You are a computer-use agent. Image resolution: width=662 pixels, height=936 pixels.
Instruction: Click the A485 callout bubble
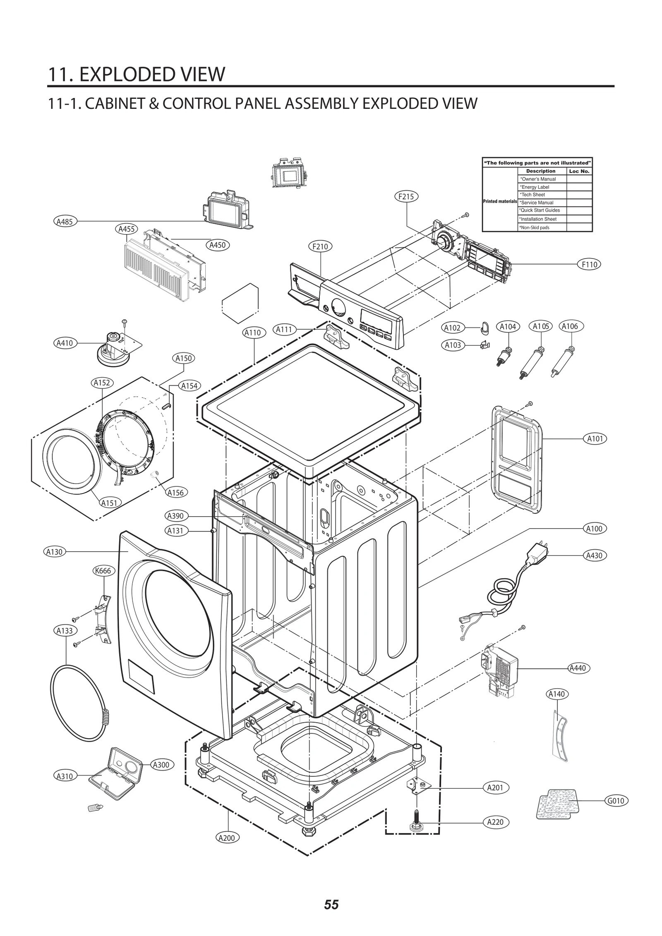coord(65,222)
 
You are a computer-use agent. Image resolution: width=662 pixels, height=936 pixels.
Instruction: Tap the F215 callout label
coord(406,197)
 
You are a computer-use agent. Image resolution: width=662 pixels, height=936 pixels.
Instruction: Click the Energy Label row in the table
coord(535,187)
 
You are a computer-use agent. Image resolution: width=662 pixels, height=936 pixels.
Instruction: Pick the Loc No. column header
coord(579,171)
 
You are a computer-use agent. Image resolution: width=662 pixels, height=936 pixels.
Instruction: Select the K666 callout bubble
coord(103,571)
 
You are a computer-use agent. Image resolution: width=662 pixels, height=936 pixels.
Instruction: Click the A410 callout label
coord(65,343)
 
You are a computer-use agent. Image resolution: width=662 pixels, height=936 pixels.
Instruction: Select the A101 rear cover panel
coord(517,459)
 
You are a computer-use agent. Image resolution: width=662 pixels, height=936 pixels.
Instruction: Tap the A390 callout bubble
coord(175,516)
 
